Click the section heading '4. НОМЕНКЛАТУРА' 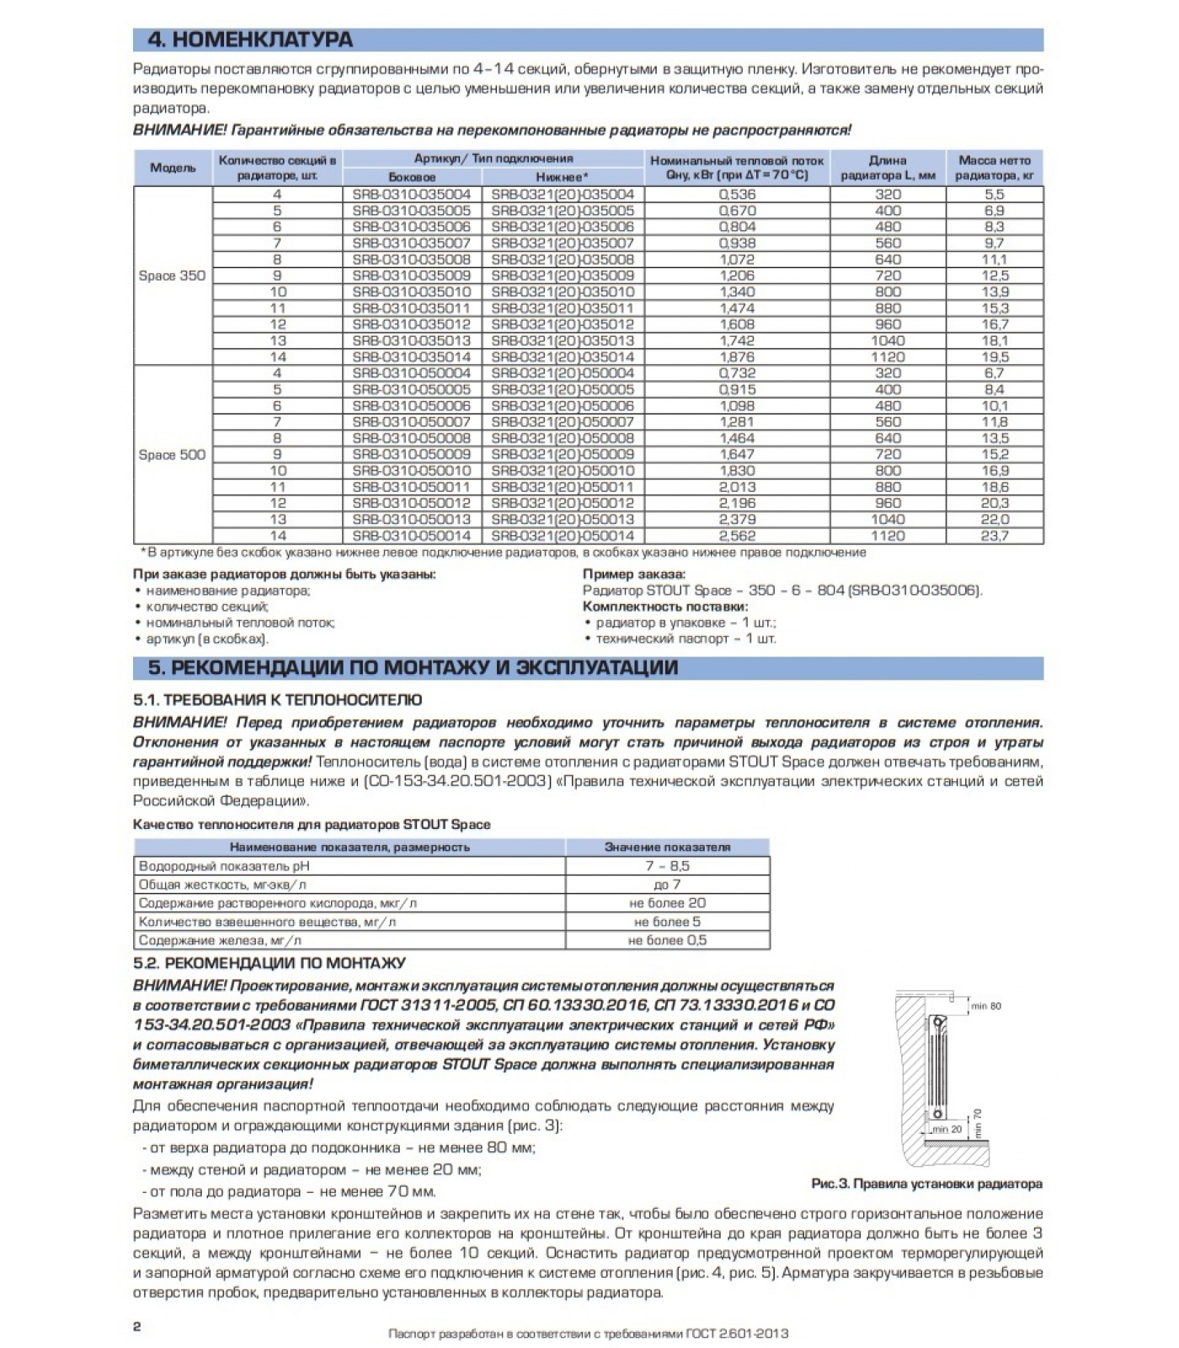point(250,40)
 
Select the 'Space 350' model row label point(172,275)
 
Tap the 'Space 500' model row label point(172,455)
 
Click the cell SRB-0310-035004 point(412,195)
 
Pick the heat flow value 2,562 point(737,536)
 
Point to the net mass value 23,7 point(995,536)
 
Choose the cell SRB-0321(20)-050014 point(563,536)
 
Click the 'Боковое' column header point(412,177)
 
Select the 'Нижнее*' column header point(563,177)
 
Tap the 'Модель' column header point(173,168)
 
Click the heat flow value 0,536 point(737,195)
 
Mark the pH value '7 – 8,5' point(667,866)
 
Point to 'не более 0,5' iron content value point(667,940)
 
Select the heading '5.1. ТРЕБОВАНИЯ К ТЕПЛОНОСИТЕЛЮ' point(278,700)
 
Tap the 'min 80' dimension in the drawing point(986,1006)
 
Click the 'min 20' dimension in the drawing point(947,1129)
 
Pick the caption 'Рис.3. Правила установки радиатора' point(926,1184)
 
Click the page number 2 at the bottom point(137,1327)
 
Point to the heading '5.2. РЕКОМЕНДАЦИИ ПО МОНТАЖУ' point(269,963)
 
